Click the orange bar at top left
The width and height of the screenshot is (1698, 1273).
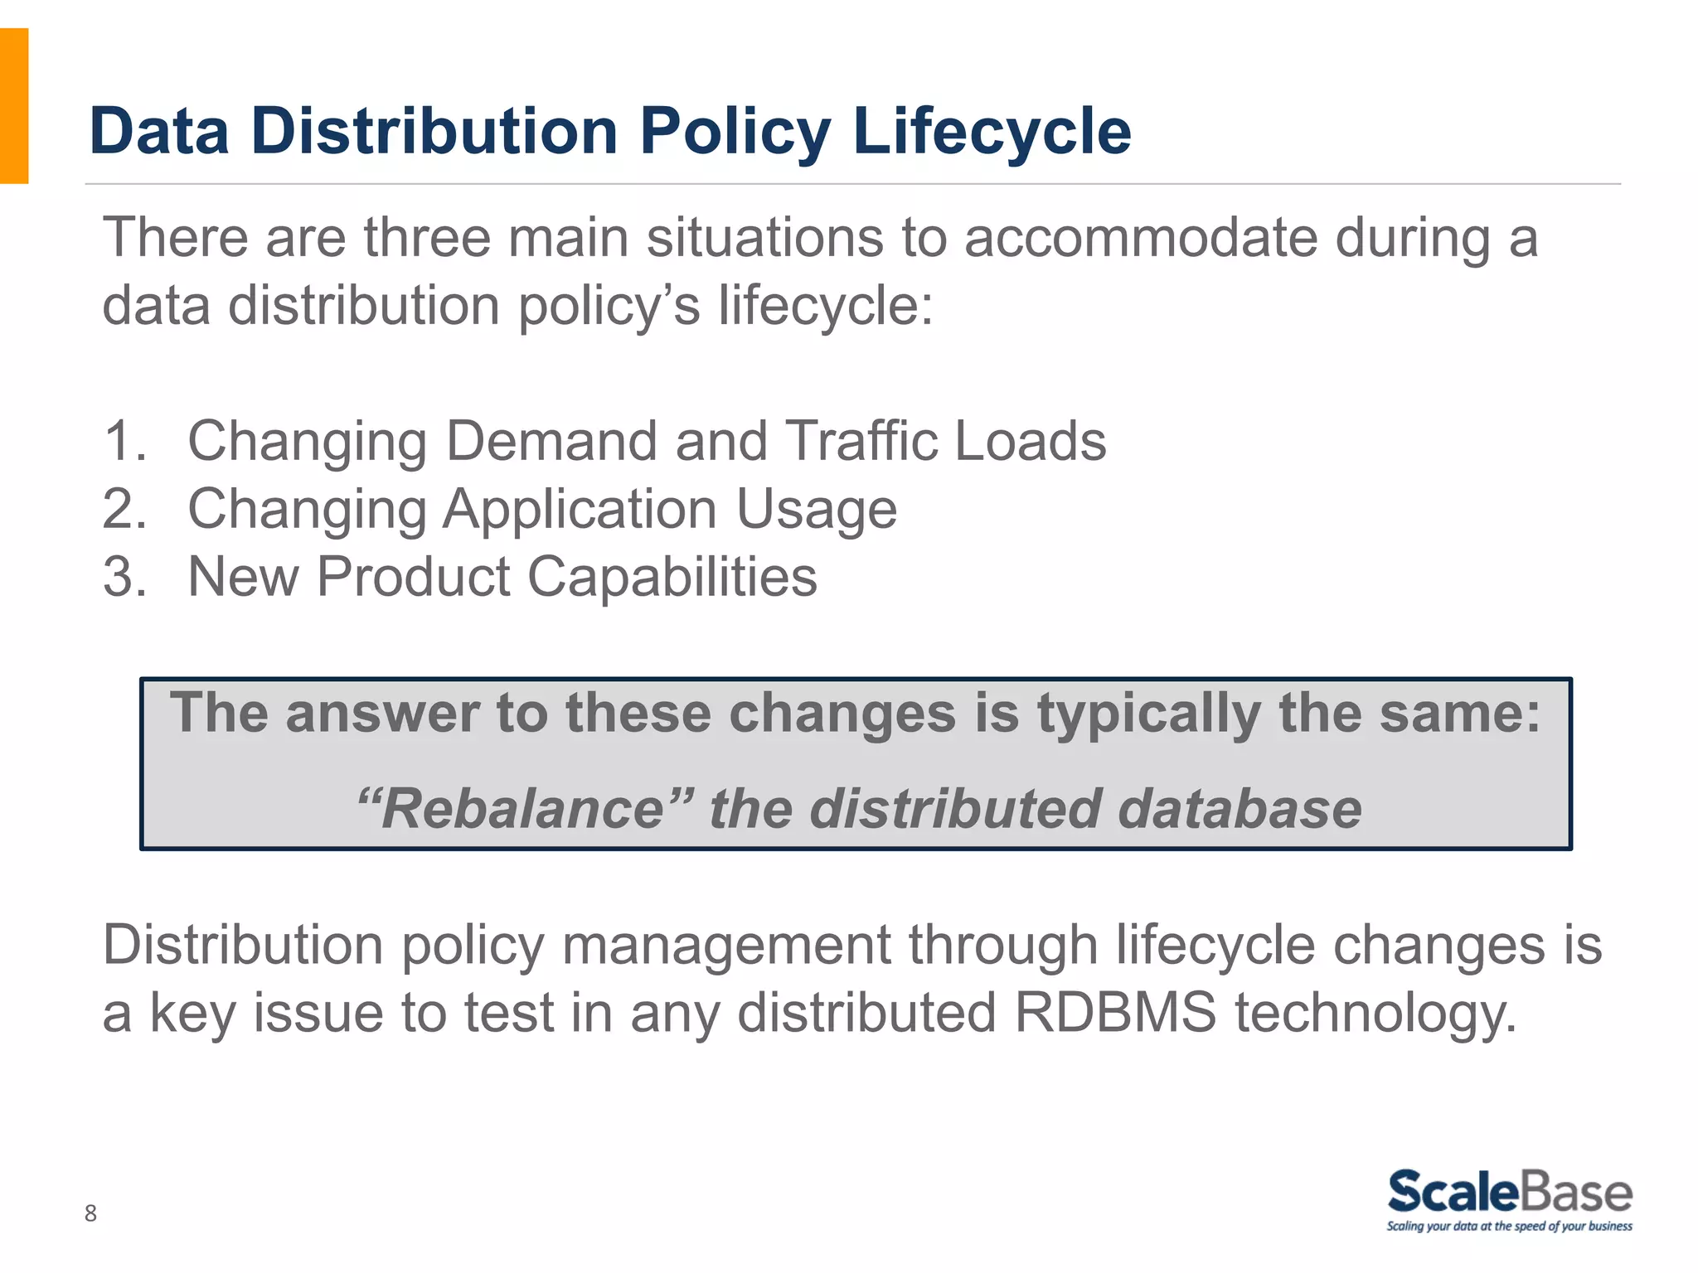pyautogui.click(x=14, y=105)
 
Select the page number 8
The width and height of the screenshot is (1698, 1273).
pyautogui.click(x=90, y=1213)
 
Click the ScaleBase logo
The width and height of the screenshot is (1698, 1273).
pyautogui.click(x=1509, y=1192)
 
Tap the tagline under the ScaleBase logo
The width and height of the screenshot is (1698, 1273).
pyautogui.click(x=1509, y=1227)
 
